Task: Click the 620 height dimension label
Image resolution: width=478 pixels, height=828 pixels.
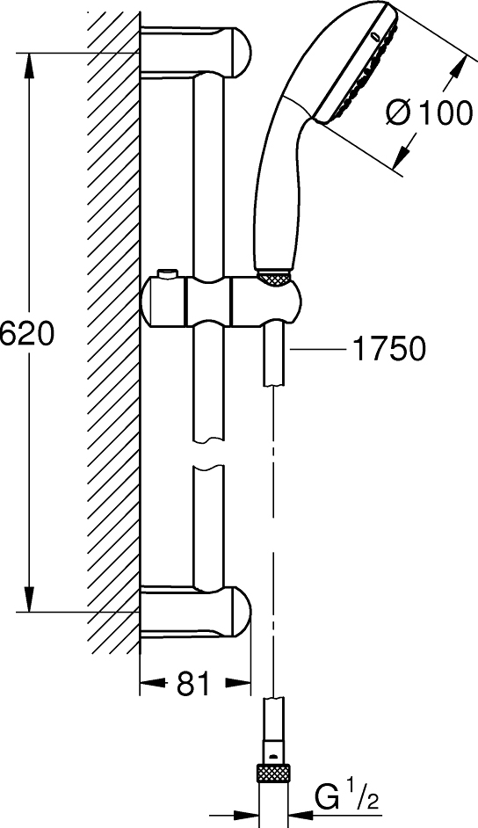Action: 26,334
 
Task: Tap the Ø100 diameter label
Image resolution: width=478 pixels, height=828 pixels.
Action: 429,113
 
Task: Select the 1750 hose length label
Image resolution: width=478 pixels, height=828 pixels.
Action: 389,349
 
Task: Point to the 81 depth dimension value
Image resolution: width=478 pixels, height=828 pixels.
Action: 193,683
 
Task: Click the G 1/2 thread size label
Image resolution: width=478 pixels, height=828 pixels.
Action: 346,798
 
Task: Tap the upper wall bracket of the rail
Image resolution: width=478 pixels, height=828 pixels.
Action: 196,52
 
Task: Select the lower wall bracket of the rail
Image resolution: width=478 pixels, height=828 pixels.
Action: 196,613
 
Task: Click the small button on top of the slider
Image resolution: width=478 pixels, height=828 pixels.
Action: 168,273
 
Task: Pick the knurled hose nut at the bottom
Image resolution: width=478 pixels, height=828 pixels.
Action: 273,776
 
